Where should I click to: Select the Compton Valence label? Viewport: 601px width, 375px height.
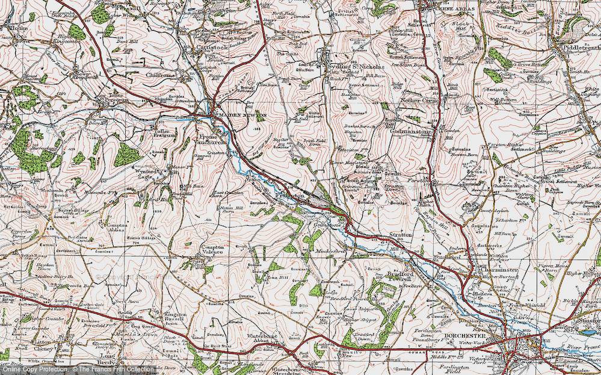(x=209, y=250)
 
